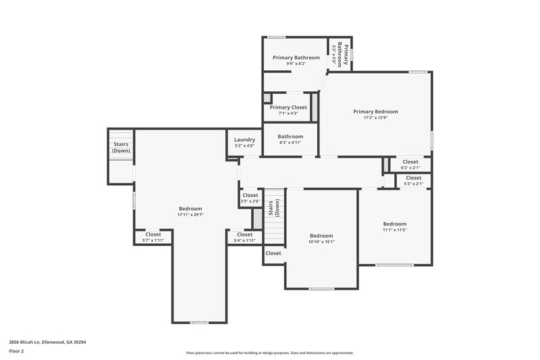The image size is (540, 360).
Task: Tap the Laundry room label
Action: pyautogui.click(x=244, y=140)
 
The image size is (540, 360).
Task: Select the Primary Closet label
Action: pyautogui.click(x=288, y=107)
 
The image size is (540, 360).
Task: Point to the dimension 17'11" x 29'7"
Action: pyautogui.click(x=190, y=215)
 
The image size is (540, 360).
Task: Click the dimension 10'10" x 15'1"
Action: pyautogui.click(x=321, y=242)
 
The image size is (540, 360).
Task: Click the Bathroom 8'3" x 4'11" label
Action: pyautogui.click(x=290, y=139)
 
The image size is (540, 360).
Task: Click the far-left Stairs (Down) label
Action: pyautogui.click(x=121, y=147)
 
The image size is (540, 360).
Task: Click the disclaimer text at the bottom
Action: pyautogui.click(x=269, y=353)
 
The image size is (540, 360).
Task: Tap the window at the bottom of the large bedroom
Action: pyautogui.click(x=198, y=323)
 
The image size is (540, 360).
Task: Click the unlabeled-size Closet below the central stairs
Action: pyautogui.click(x=273, y=253)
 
